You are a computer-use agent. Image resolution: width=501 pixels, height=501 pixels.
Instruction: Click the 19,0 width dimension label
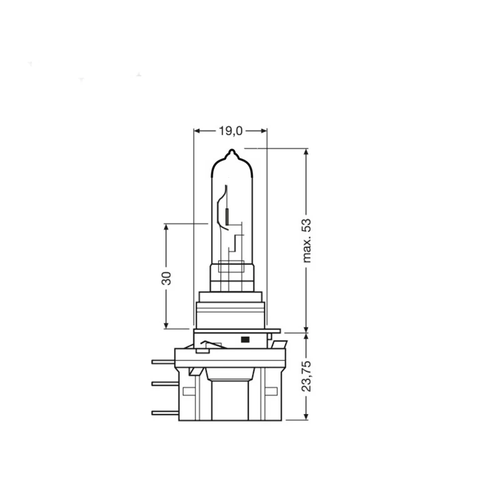coord(230,131)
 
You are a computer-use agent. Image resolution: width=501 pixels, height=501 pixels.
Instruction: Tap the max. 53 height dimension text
coord(307,240)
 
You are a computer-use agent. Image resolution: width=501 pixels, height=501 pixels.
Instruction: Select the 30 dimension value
coord(167,278)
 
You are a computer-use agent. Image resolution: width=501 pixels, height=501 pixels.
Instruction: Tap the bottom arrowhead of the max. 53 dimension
coord(307,328)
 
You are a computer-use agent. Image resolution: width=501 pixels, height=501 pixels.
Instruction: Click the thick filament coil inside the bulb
coord(227,216)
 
